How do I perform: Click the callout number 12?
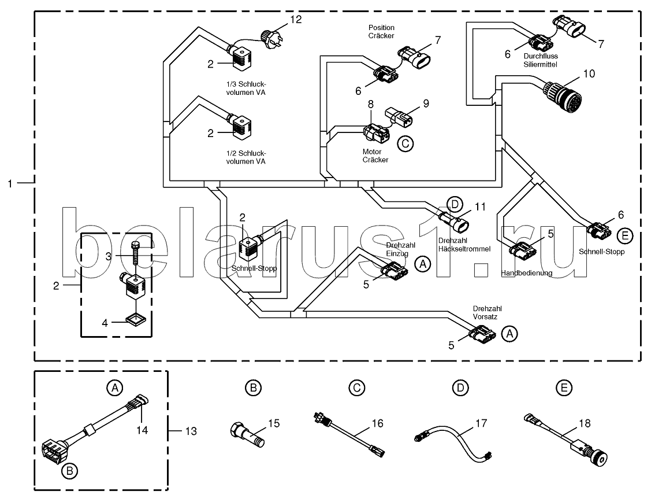295,20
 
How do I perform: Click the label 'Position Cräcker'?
381,31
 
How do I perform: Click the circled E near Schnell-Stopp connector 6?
624,235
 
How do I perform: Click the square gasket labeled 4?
136,320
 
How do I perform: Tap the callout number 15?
274,423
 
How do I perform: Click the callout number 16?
377,423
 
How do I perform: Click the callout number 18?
585,424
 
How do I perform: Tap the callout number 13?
190,431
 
